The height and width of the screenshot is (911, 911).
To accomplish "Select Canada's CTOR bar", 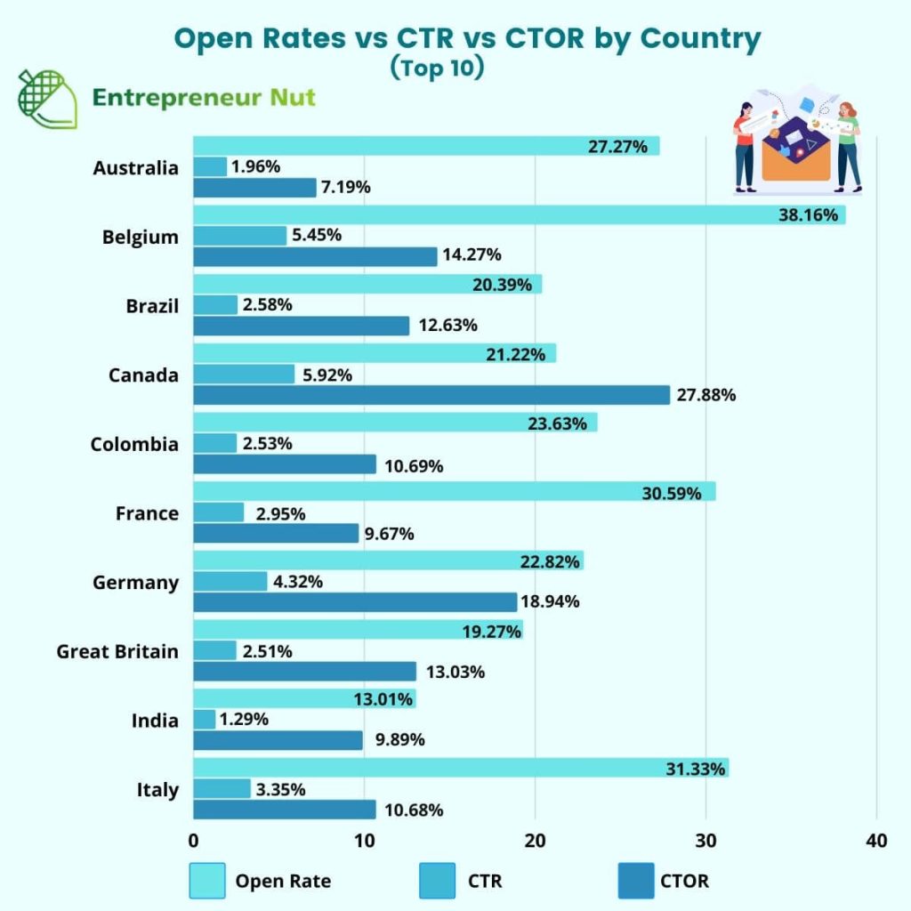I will (431, 395).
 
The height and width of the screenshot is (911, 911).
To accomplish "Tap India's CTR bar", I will (205, 720).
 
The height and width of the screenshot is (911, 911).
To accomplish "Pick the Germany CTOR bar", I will (355, 602).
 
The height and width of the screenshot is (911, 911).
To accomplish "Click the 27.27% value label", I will (617, 147).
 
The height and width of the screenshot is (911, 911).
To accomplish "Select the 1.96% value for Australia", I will (255, 166).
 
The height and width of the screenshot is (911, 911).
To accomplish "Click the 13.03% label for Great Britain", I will (455, 672).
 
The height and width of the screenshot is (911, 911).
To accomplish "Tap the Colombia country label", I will (134, 444).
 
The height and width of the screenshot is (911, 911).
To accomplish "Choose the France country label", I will (147, 513).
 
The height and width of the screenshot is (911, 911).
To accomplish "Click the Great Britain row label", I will (117, 651).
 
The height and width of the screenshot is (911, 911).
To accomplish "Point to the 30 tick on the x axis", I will (705, 841).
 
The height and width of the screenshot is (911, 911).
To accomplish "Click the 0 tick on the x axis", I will (194, 841).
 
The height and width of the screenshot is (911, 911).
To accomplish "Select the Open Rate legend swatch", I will (207, 881).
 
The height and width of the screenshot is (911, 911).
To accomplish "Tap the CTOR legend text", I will (684, 882).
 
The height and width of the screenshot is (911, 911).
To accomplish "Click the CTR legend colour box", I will (437, 881).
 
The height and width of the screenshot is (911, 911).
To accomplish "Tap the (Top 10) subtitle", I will (437, 69).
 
